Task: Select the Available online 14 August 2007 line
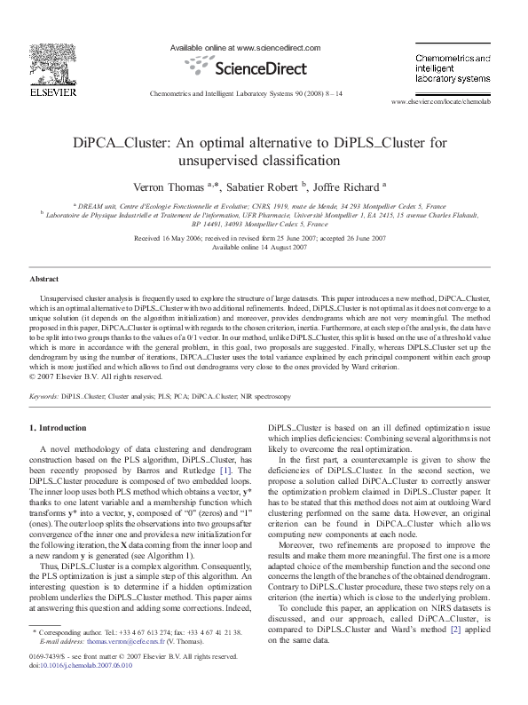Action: [x=263, y=247]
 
